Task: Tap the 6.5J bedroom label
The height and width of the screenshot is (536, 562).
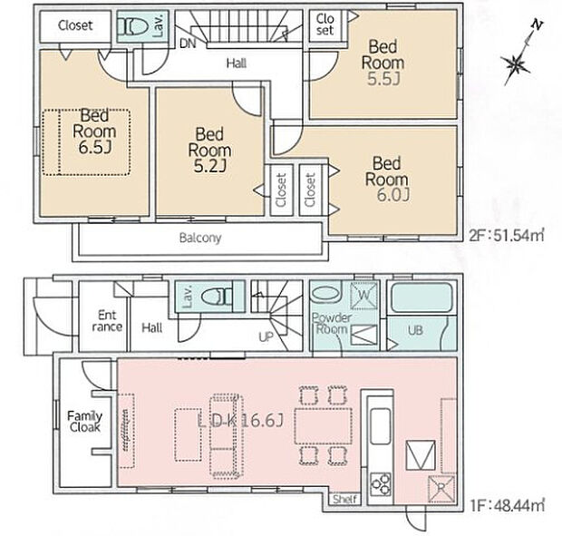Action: [94, 132]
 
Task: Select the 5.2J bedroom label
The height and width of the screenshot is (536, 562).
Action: [209, 150]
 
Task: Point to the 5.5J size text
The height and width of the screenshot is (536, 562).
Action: [383, 79]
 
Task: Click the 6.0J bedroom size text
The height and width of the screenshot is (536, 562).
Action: [392, 195]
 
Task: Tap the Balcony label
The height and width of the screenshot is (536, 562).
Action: [200, 238]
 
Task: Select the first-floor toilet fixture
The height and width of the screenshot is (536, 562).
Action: [217, 297]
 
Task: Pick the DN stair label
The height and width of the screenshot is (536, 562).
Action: [188, 44]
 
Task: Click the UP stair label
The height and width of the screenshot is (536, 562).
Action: [266, 336]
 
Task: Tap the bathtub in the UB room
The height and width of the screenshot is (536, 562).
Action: [421, 297]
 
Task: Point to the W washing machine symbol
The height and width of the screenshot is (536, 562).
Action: [363, 296]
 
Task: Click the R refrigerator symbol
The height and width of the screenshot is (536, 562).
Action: [441, 488]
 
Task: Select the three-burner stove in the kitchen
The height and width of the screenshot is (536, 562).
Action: [381, 484]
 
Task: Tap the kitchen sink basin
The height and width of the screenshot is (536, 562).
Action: [380, 426]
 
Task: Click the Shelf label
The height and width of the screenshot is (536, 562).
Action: [344, 499]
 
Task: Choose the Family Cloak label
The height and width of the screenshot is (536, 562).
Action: [85, 422]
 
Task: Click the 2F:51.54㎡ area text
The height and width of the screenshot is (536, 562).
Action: [507, 236]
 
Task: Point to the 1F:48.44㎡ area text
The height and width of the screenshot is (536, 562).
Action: [507, 505]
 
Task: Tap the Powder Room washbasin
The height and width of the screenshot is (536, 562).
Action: [325, 295]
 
